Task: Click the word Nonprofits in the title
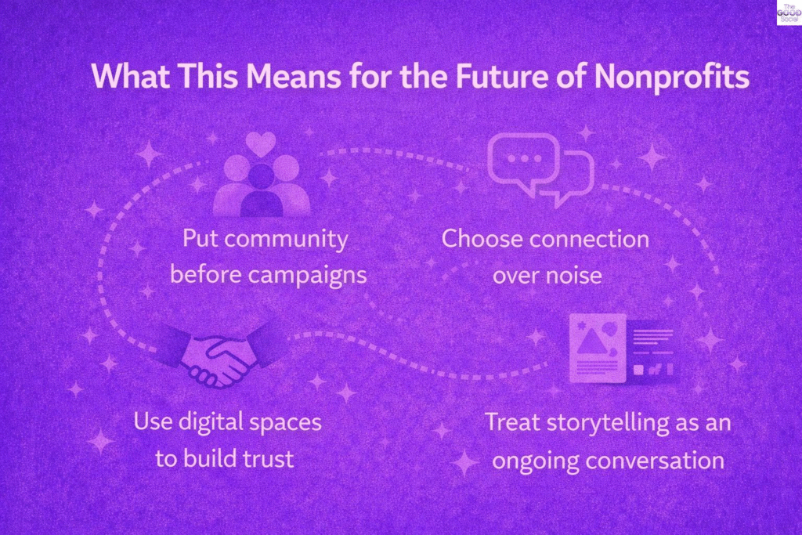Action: (672, 77)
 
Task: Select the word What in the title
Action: (131, 76)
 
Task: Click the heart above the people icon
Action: (261, 144)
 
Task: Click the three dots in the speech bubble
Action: (524, 158)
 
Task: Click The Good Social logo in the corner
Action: (789, 13)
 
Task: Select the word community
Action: (286, 240)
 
